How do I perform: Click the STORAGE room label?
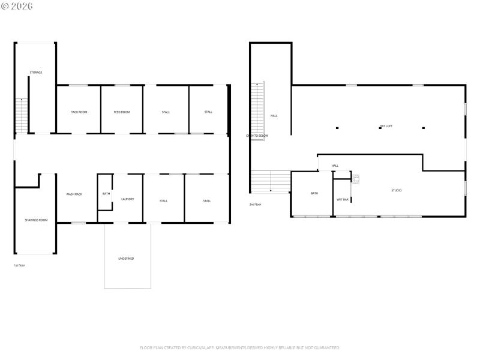pyautogui.click(x=36, y=73)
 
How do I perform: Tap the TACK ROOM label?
pyautogui.click(x=79, y=112)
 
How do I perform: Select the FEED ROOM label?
pyautogui.click(x=122, y=112)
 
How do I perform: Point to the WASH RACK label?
pyautogui.click(x=74, y=194)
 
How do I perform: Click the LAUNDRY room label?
pyautogui.click(x=127, y=199)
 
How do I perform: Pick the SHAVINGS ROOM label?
pyautogui.click(x=36, y=220)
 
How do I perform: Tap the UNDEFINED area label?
pyautogui.click(x=126, y=259)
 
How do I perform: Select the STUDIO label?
pyautogui.click(x=397, y=190)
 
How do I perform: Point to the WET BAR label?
pyautogui.click(x=343, y=199)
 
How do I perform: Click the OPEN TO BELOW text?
pyautogui.click(x=257, y=136)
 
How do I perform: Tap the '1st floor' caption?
pyautogui.click(x=19, y=265)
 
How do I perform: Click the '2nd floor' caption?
pyautogui.click(x=255, y=205)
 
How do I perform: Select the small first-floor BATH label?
pyautogui.click(x=106, y=194)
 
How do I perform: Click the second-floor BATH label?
pyautogui.click(x=314, y=193)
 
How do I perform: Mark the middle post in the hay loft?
pyautogui.click(x=380, y=128)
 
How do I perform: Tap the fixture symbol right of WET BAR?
pyautogui.click(x=356, y=178)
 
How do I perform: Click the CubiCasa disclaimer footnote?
pyautogui.click(x=240, y=347)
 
